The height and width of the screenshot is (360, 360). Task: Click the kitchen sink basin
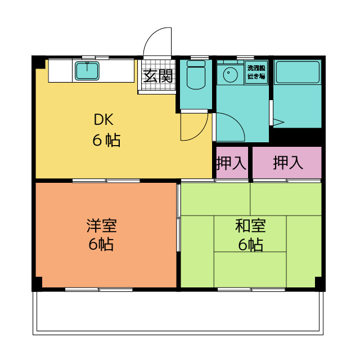pyautogui.click(x=87, y=71)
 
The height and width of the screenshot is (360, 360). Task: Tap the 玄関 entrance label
pyautogui.click(x=158, y=76)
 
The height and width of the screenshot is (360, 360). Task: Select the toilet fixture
pyautogui.click(x=196, y=74)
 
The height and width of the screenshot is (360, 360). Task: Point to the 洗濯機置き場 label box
pyautogui.click(x=256, y=72)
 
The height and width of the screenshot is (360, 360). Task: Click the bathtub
pyautogui.click(x=298, y=71)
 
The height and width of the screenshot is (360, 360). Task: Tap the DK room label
pyautogui.click(x=103, y=119)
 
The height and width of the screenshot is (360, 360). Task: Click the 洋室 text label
pyautogui.click(x=102, y=226)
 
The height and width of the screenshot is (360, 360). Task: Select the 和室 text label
pyautogui.click(x=250, y=226)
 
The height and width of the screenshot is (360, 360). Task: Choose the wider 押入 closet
pyautogui.click(x=287, y=163)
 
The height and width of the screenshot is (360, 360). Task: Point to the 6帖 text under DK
pyautogui.click(x=106, y=140)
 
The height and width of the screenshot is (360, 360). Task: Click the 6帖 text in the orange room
pyautogui.click(x=101, y=244)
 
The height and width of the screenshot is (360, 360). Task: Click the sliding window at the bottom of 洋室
pyautogui.click(x=99, y=290)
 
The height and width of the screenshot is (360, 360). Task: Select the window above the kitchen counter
pyautogui.click(x=96, y=57)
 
